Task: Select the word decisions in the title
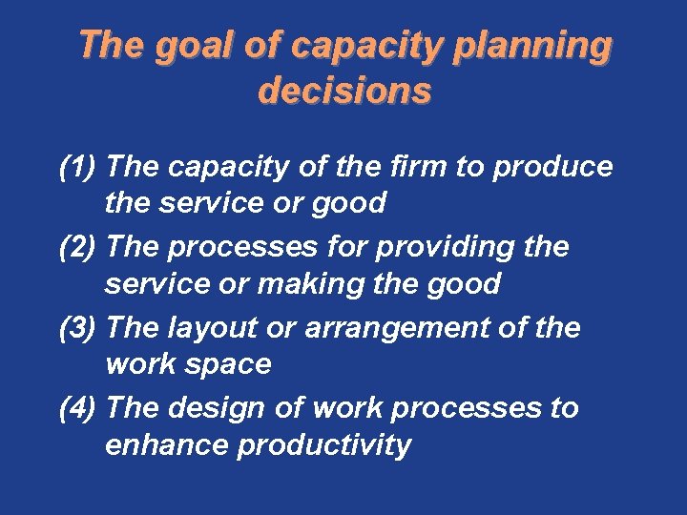tap(344, 92)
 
